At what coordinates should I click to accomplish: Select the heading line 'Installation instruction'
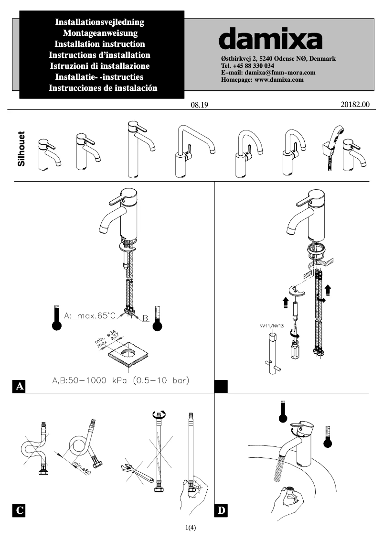pyautogui.click(x=100, y=44)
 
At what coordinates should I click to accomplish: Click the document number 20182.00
pyautogui.click(x=356, y=105)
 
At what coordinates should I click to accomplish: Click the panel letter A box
pyautogui.click(x=19, y=386)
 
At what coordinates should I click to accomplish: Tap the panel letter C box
pyautogui.click(x=19, y=510)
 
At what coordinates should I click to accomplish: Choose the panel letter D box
pyautogui.click(x=221, y=510)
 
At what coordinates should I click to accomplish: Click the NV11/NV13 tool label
pyautogui.click(x=271, y=325)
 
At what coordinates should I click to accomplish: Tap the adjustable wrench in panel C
pyautogui.click(x=136, y=473)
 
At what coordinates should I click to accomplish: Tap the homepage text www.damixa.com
pyautogui.click(x=279, y=80)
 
